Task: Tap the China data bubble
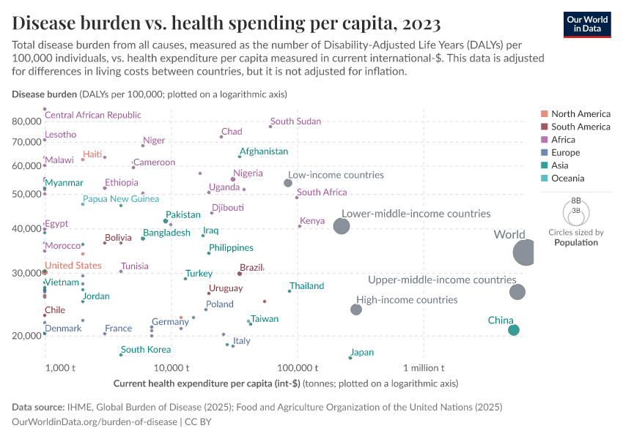(x=514, y=330)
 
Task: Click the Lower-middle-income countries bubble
(x=342, y=225)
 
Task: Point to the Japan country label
(x=363, y=353)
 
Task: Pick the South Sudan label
(x=295, y=121)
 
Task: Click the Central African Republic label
(x=93, y=115)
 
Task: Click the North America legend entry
(x=580, y=114)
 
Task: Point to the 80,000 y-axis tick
(x=26, y=121)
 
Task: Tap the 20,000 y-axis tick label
(x=26, y=336)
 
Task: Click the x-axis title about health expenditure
(x=286, y=383)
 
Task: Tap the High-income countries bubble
(x=356, y=309)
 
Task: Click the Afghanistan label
(x=264, y=151)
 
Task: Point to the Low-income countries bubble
(x=288, y=183)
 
